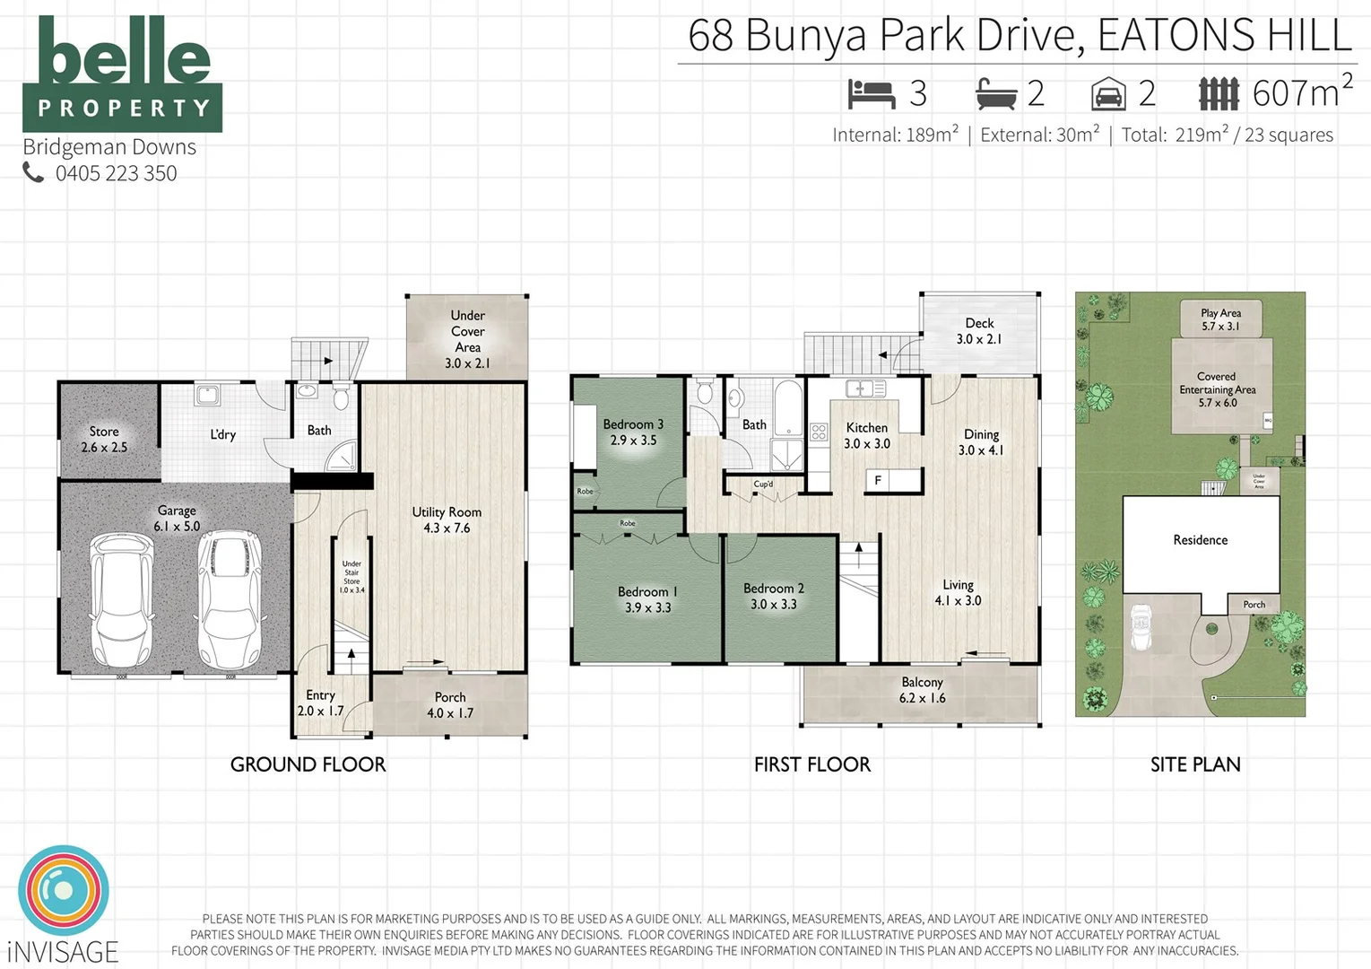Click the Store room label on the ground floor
point(104,432)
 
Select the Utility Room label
point(447,512)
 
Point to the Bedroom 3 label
point(633,424)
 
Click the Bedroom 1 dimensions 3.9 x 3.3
point(647,608)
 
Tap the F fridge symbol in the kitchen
point(878,481)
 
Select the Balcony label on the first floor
point(922,683)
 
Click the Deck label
point(979,323)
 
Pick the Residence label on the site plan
point(1200,540)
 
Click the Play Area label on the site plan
point(1220,313)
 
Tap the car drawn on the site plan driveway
point(1141,627)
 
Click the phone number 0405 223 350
point(116,173)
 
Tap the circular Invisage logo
point(64,891)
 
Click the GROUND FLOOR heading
point(308,764)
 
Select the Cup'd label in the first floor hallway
point(763,484)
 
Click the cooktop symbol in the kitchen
point(819,432)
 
